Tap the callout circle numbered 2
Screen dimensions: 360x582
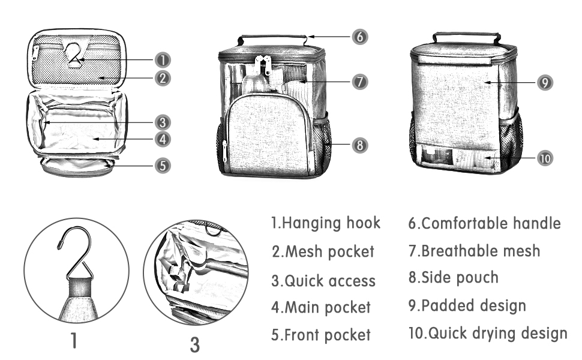tap(162, 77)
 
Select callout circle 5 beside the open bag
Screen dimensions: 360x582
tap(162, 165)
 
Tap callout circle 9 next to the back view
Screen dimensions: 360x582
tap(544, 82)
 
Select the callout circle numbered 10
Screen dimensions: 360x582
tap(544, 158)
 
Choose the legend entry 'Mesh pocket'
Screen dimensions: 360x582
tap(323, 251)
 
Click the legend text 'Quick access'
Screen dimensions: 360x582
tap(323, 280)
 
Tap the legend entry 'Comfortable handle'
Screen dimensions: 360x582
tap(484, 224)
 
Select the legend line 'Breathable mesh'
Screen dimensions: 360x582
tap(474, 251)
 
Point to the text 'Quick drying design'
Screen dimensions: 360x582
tap(487, 333)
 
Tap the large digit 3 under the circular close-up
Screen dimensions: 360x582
tap(195, 344)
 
